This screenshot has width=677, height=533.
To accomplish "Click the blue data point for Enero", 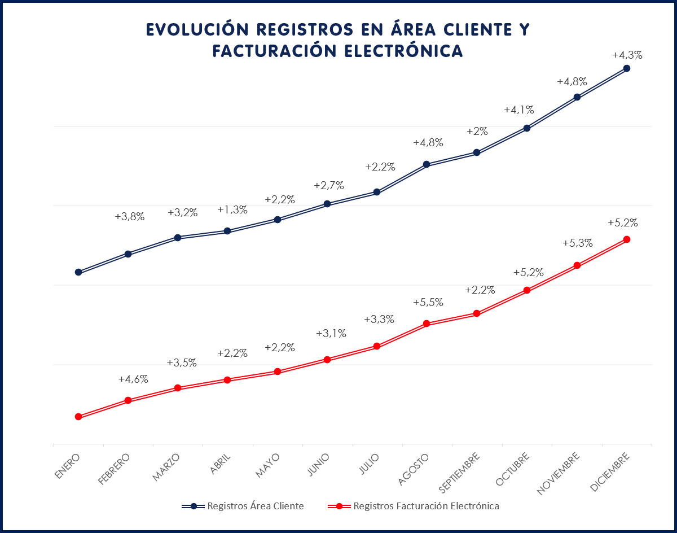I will tap(78, 272).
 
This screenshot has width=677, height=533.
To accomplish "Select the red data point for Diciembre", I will tap(626, 239).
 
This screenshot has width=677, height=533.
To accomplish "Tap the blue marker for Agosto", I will tap(427, 164).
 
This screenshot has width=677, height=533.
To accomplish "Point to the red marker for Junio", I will tap(327, 359).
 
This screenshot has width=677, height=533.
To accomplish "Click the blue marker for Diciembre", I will tap(626, 68).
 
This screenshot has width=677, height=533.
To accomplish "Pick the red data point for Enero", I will tap(78, 417).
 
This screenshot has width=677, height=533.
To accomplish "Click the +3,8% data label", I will tap(130, 216).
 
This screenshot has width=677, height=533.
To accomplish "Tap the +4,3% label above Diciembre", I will tap(627, 55).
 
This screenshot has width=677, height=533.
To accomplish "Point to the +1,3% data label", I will tap(232, 210).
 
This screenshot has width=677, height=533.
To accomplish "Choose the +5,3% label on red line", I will tap(578, 243).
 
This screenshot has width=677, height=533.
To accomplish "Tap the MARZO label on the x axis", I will tap(166, 466).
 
